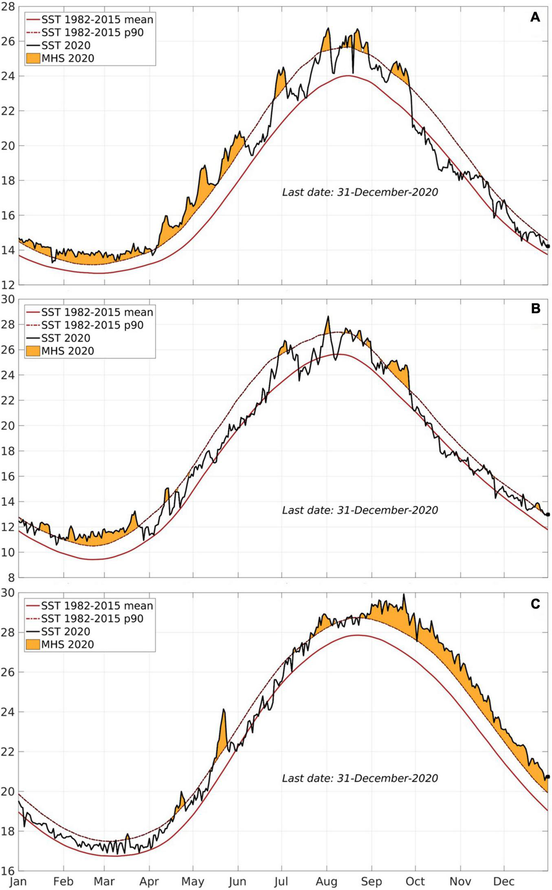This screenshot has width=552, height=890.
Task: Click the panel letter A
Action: coord(535,17)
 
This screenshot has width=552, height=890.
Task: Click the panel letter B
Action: coord(535,308)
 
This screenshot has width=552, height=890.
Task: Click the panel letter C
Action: coord(535,603)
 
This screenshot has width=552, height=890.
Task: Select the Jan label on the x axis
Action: coord(18,882)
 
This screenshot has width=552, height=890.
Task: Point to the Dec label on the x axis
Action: coord(504,882)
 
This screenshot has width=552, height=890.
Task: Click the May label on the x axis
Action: coord(193,882)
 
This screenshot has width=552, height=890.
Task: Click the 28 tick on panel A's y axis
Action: coord(8,7)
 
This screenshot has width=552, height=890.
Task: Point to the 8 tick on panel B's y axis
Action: coord(11,578)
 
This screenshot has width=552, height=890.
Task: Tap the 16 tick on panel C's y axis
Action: coord(8,871)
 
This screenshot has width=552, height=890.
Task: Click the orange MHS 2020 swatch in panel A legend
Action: coord(33,58)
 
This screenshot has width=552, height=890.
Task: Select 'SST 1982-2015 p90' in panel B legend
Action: coord(92,325)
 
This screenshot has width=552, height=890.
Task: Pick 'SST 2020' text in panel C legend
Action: coord(66,631)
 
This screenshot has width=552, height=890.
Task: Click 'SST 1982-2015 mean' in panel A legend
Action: coord(97,20)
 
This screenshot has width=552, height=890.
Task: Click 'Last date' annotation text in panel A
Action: coord(360,192)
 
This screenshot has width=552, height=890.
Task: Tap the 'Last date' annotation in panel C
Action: coord(360,778)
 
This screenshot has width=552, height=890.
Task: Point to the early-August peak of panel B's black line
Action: coord(328,317)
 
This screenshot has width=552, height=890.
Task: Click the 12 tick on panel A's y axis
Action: coord(8,284)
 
